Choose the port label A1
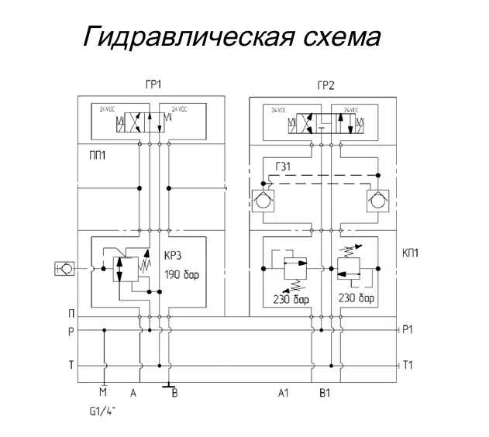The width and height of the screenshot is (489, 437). point(283,394)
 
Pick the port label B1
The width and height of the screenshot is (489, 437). point(325,394)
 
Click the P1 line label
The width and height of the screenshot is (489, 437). point(410,329)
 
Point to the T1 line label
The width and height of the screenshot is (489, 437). point(410,365)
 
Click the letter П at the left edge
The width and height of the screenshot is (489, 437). point(71,314)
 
